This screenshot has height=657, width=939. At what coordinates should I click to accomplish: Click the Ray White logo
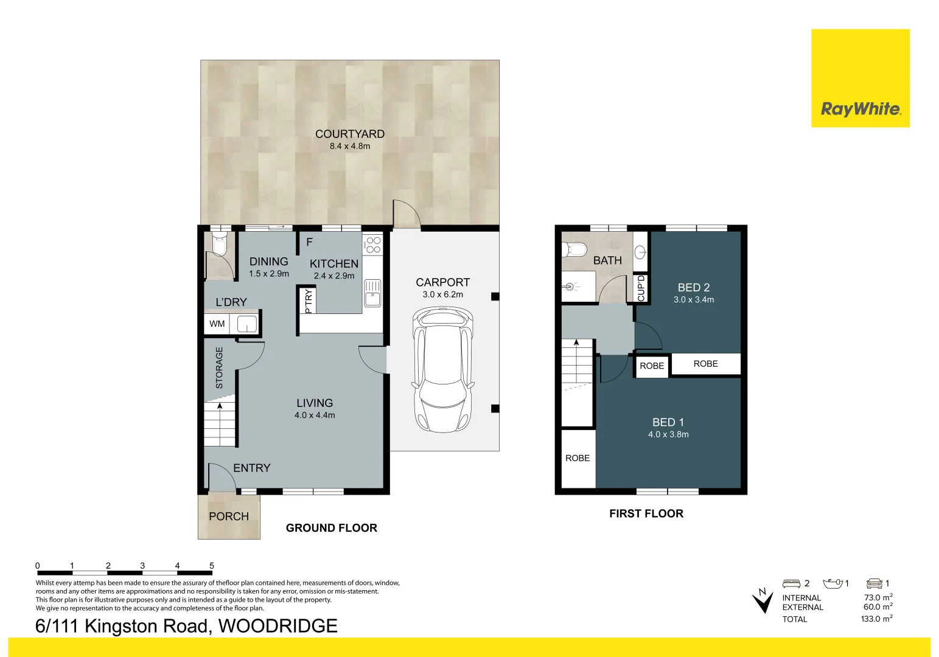coord(860,109)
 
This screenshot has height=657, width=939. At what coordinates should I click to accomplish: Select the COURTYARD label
coord(349,134)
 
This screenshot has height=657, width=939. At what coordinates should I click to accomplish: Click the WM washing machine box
coord(217,324)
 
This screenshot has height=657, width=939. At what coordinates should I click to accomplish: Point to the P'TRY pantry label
coord(309,301)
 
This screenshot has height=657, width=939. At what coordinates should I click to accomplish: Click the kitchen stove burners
coord(372,245)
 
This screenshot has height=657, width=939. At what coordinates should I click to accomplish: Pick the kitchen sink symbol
coord(372,293)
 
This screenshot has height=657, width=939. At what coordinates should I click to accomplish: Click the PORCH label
coord(228,516)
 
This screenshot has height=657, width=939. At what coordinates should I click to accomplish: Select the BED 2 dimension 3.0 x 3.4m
coord(693,300)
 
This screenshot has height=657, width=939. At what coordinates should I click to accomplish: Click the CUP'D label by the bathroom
coord(640,288)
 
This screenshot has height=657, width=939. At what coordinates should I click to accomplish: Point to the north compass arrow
coord(762,600)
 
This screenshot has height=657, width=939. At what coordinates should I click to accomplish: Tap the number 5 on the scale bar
coord(212,566)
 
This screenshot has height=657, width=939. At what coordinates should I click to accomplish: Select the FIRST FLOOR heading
coord(646,513)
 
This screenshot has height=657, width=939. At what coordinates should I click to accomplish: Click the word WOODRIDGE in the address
coord(278,626)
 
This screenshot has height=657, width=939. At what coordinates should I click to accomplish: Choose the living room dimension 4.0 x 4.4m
coord(315,415)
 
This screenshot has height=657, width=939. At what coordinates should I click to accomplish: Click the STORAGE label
coord(219,367)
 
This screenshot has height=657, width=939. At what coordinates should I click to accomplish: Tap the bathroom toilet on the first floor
coord(574,249)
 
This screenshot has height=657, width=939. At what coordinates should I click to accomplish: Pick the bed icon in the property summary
coord(791,583)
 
